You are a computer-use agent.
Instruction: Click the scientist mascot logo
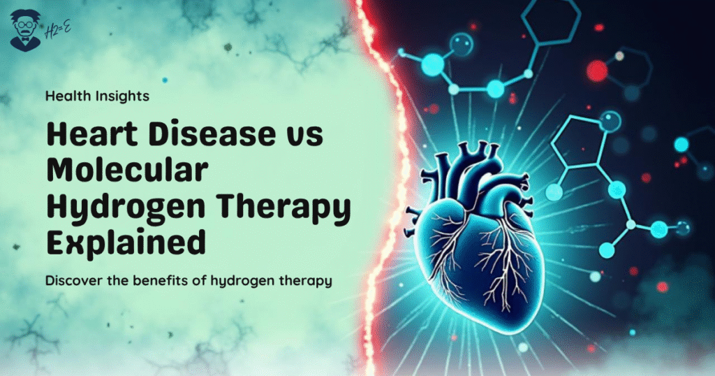tap(25, 30)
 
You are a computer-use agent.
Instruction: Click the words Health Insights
tap(97, 96)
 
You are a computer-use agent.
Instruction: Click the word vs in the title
tap(308, 137)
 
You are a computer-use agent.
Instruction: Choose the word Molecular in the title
tap(127, 170)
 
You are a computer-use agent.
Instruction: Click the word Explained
tap(126, 243)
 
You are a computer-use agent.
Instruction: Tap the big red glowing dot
tap(597, 71)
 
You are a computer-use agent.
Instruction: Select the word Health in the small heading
tap(70, 96)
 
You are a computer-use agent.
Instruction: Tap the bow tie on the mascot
tap(25, 40)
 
